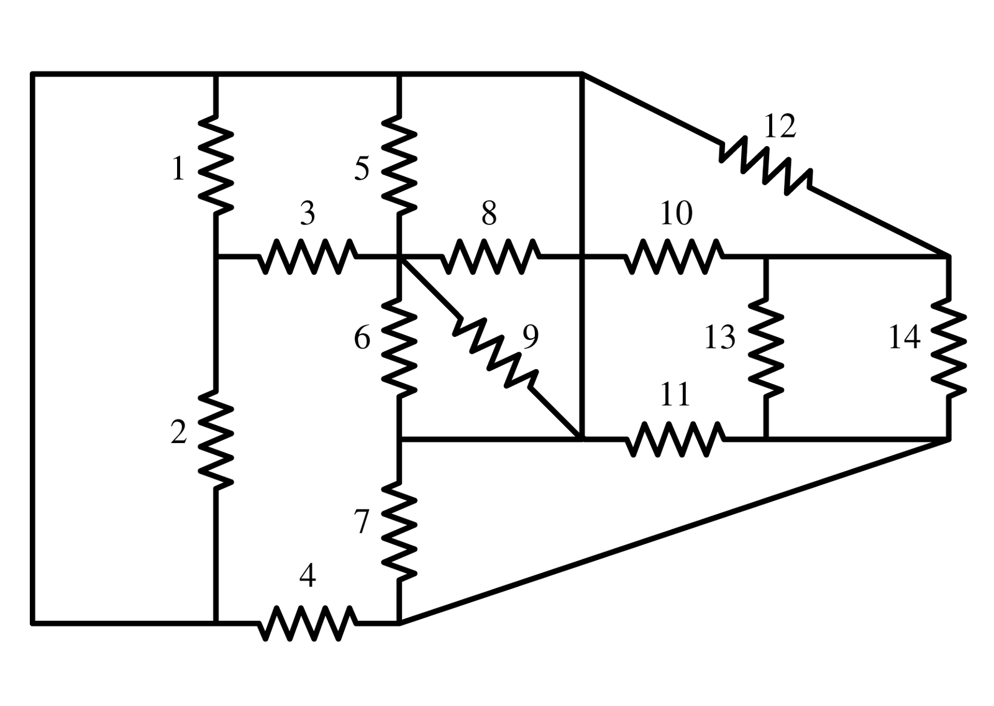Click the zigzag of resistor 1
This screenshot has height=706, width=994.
click(216, 165)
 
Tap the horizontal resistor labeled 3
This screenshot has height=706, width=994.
click(308, 255)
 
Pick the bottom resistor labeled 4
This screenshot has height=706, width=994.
click(308, 622)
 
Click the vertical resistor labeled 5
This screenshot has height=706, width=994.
click(399, 165)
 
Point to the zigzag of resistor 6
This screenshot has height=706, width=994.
click(399, 347)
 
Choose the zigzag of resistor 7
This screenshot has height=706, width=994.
click(399, 530)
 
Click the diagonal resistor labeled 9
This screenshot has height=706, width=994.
click(496, 351)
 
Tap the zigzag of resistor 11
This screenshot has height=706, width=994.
click(675, 439)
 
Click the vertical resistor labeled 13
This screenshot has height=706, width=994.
click(766, 347)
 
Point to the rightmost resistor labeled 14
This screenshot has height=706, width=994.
click(949, 347)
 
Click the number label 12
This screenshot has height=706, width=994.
click(779, 126)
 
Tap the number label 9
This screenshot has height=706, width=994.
click(530, 336)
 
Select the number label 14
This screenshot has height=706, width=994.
click(904, 338)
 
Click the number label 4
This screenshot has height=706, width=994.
click(307, 577)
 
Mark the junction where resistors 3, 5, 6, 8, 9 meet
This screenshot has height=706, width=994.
click(399, 255)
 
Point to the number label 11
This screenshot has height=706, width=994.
click(675, 395)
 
